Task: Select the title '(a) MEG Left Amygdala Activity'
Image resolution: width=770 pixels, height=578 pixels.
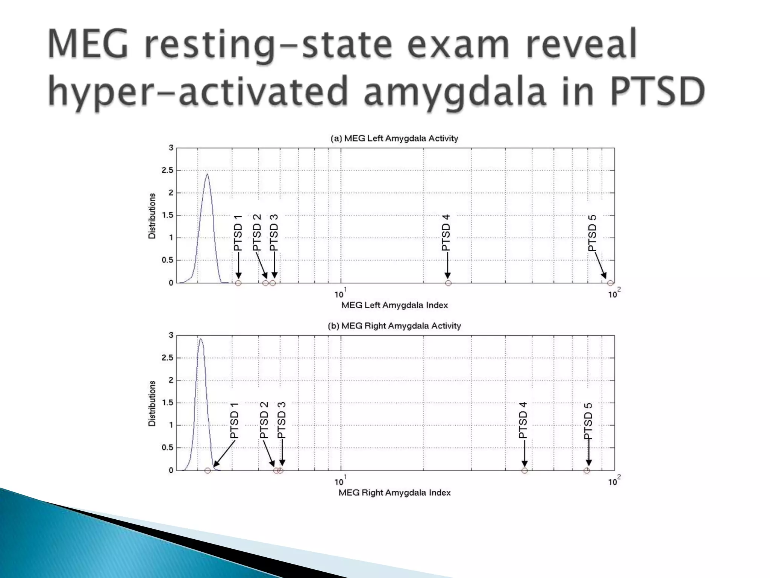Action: (x=394, y=138)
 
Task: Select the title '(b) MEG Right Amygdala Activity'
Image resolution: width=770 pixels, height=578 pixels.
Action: (x=394, y=326)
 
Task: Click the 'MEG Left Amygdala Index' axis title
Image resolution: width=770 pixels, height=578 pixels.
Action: (x=394, y=305)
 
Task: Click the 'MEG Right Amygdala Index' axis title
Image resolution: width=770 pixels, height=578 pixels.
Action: (x=394, y=493)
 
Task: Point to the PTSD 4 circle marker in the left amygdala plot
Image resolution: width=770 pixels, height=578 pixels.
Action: (x=448, y=283)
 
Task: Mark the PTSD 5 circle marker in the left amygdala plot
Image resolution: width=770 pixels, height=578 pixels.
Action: (x=610, y=283)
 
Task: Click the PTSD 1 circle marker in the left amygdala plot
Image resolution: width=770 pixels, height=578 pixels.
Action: (x=238, y=283)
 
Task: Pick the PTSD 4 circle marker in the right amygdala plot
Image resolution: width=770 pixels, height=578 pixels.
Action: (x=524, y=470)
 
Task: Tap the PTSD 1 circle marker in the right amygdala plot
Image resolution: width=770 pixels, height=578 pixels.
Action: (x=208, y=470)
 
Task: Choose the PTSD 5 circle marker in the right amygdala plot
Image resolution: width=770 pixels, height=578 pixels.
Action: (x=587, y=470)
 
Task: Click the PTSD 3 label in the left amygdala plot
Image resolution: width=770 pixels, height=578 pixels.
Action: (x=274, y=232)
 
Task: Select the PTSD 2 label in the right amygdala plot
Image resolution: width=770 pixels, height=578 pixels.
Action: (x=264, y=420)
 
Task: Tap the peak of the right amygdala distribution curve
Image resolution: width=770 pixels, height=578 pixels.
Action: (x=201, y=339)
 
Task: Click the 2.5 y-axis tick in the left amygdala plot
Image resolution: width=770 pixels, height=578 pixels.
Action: (x=168, y=170)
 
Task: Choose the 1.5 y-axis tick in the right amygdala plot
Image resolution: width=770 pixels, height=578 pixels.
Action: (x=168, y=403)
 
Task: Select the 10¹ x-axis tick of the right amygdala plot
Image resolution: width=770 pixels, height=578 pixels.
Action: (x=340, y=481)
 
